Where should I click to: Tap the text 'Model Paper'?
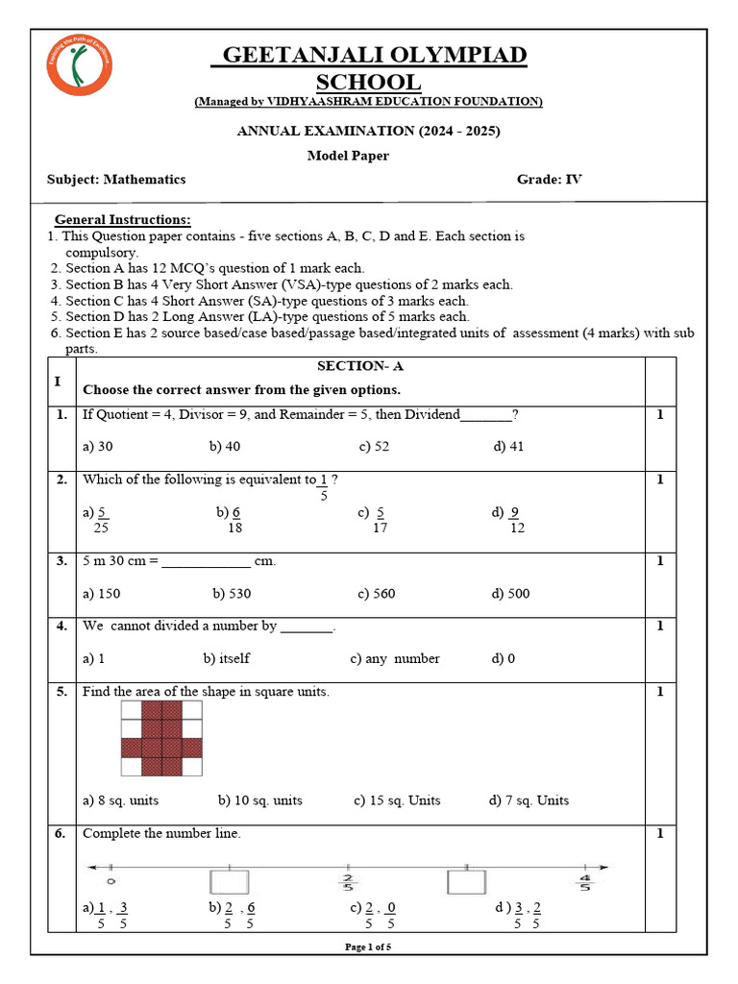348,156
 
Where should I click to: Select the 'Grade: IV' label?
550,180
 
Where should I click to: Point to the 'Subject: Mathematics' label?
116,180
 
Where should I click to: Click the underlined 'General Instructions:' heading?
122,220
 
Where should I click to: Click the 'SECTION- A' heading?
354,367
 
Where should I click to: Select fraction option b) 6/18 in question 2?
230,520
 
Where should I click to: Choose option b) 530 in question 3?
232,594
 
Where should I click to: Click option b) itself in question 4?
226,659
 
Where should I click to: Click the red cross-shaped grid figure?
161,738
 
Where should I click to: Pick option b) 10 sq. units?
259,800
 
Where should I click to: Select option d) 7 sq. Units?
529,800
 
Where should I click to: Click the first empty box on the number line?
229,881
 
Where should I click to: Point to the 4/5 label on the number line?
584,881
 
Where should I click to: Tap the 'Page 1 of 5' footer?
368,947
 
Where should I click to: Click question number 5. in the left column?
60,692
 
